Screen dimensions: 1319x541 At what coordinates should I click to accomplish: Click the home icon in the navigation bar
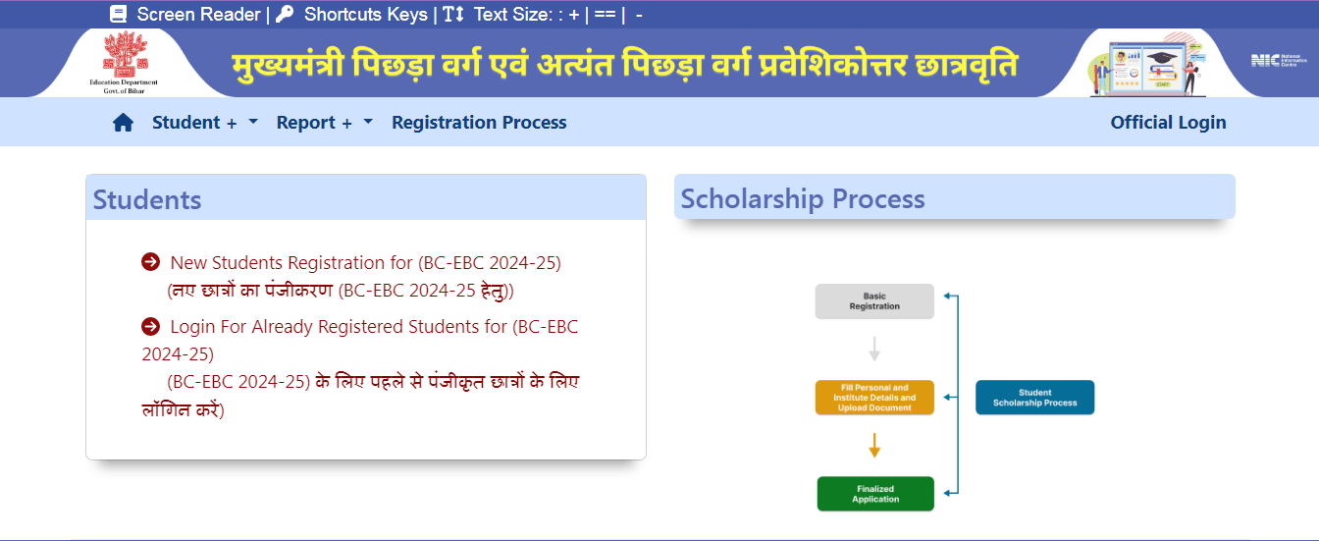123,123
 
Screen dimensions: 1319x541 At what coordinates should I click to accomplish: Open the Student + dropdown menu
205,123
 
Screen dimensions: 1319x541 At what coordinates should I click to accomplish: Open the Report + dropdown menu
325,123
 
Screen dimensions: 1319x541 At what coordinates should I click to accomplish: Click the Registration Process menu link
479,123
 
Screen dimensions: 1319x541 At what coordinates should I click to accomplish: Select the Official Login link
1168,123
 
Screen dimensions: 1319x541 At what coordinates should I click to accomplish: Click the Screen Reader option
185,14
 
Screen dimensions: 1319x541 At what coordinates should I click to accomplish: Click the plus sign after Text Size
574,15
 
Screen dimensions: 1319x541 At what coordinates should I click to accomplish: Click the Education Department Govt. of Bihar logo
124,63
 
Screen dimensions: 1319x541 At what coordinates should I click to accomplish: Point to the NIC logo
1279,60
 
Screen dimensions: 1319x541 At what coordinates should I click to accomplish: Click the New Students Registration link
365,263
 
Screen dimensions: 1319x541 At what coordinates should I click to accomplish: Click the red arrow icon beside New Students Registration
151,261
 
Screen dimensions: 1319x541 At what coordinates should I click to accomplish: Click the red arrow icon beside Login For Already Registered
151,326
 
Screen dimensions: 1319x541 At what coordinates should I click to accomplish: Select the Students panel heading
147,199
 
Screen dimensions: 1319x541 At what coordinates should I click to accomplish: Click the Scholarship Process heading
803,198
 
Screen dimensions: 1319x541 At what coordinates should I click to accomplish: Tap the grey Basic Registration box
874,301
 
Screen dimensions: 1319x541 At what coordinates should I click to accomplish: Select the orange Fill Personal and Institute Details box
874,398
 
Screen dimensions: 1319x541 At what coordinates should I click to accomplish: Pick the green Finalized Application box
875,494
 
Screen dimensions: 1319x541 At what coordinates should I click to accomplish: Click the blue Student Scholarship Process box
1035,398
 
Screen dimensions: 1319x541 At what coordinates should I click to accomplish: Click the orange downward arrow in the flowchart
874,446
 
